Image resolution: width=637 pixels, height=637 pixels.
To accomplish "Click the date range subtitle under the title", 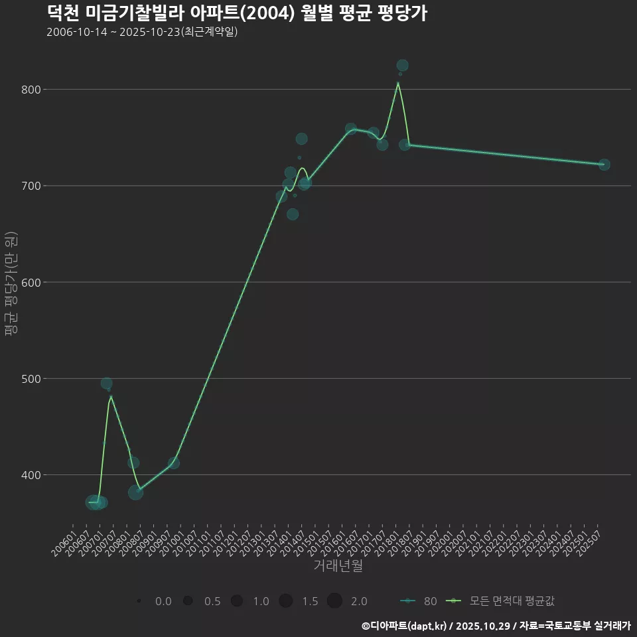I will tap(142, 32).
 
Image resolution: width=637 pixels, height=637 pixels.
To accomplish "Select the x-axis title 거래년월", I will tap(338, 566).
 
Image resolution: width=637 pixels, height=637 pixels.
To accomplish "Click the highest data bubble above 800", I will tap(402, 65).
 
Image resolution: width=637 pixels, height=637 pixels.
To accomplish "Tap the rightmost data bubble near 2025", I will tap(604, 165).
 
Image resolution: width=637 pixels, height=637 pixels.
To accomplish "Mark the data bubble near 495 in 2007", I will tap(106, 384).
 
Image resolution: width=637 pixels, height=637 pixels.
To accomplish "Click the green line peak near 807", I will tap(398, 83).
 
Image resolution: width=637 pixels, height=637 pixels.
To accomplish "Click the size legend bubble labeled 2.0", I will tap(334, 601).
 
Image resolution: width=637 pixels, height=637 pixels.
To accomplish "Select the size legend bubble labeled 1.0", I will tap(236, 601).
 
